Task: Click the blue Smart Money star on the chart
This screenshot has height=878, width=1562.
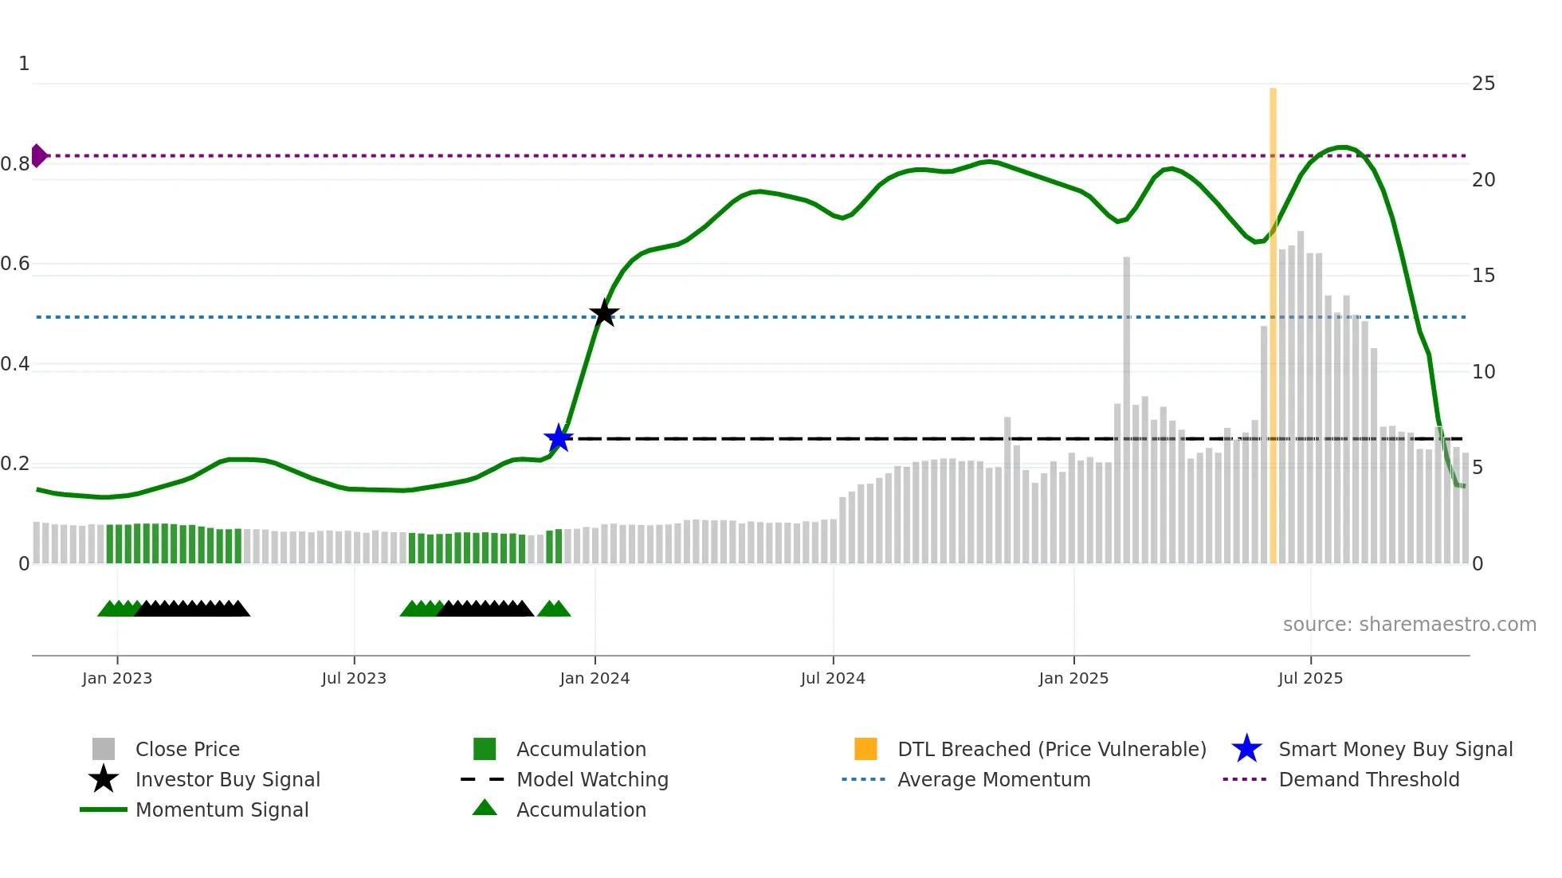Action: [559, 438]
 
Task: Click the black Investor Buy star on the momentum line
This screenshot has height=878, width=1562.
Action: [604, 313]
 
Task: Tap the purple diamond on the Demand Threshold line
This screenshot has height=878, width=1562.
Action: [38, 155]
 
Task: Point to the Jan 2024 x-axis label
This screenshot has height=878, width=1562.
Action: [595, 678]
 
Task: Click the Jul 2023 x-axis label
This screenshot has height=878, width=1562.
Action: [354, 678]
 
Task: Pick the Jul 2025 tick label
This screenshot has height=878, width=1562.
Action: [1310, 678]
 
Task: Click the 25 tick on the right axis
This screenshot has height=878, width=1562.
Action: [1483, 84]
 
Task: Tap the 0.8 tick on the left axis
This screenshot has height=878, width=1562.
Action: [15, 164]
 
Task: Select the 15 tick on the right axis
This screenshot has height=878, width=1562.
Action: [1483, 276]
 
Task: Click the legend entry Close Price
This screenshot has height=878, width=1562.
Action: [187, 749]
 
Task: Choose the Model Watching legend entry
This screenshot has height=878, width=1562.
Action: [592, 779]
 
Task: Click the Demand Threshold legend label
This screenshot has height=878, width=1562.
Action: [1368, 779]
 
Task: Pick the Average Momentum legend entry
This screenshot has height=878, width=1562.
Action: [994, 779]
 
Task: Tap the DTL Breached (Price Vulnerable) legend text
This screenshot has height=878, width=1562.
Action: [1051, 749]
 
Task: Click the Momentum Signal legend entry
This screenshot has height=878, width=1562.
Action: [222, 809]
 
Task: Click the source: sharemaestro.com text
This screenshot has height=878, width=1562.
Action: [1409, 625]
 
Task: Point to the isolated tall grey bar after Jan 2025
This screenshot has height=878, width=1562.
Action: [1127, 410]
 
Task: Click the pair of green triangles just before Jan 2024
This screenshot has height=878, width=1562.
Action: [554, 609]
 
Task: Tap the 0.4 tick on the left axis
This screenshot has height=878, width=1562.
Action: [15, 364]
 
